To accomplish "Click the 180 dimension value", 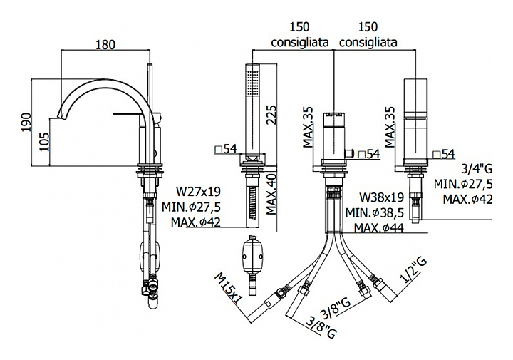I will pos(105,43).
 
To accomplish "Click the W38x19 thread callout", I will pos(382,197).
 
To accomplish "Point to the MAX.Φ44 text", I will pos(380,227).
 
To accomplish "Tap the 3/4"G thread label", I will pos(477,169).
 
